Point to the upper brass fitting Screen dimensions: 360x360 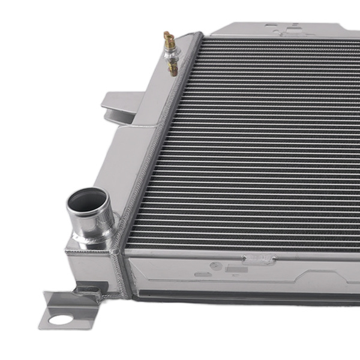click(169, 41)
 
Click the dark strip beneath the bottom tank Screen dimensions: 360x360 click(240, 296)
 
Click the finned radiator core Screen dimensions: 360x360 click(258, 150)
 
